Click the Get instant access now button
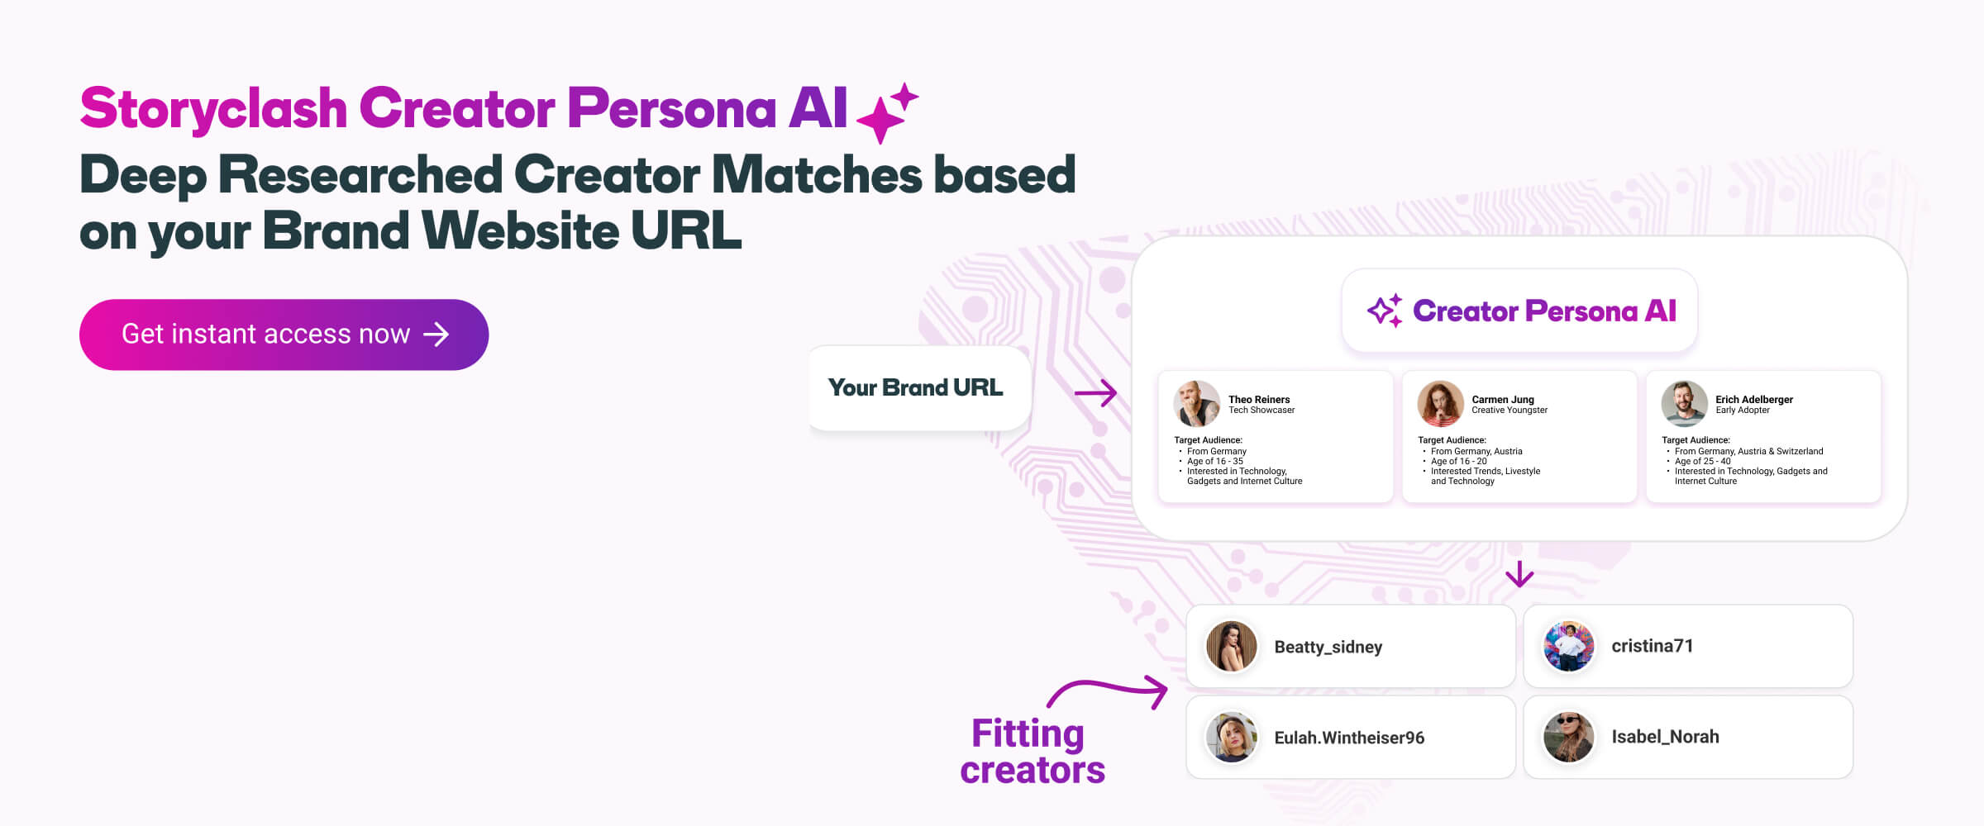tap(284, 335)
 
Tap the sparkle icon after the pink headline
tap(887, 113)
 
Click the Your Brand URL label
tap(916, 387)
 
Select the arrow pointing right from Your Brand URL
tap(1096, 393)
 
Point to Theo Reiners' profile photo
tap(1196, 404)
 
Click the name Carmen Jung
tap(1503, 399)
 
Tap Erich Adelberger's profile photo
tap(1684, 404)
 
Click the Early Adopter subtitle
tap(1743, 411)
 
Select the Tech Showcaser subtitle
tap(1261, 411)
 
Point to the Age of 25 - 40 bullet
tap(1702, 462)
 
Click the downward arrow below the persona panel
tap(1519, 574)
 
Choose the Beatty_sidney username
tap(1328, 647)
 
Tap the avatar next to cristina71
tap(1568, 646)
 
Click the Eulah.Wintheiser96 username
tap(1349, 738)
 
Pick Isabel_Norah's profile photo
tap(1568, 737)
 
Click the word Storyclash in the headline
tap(213, 108)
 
